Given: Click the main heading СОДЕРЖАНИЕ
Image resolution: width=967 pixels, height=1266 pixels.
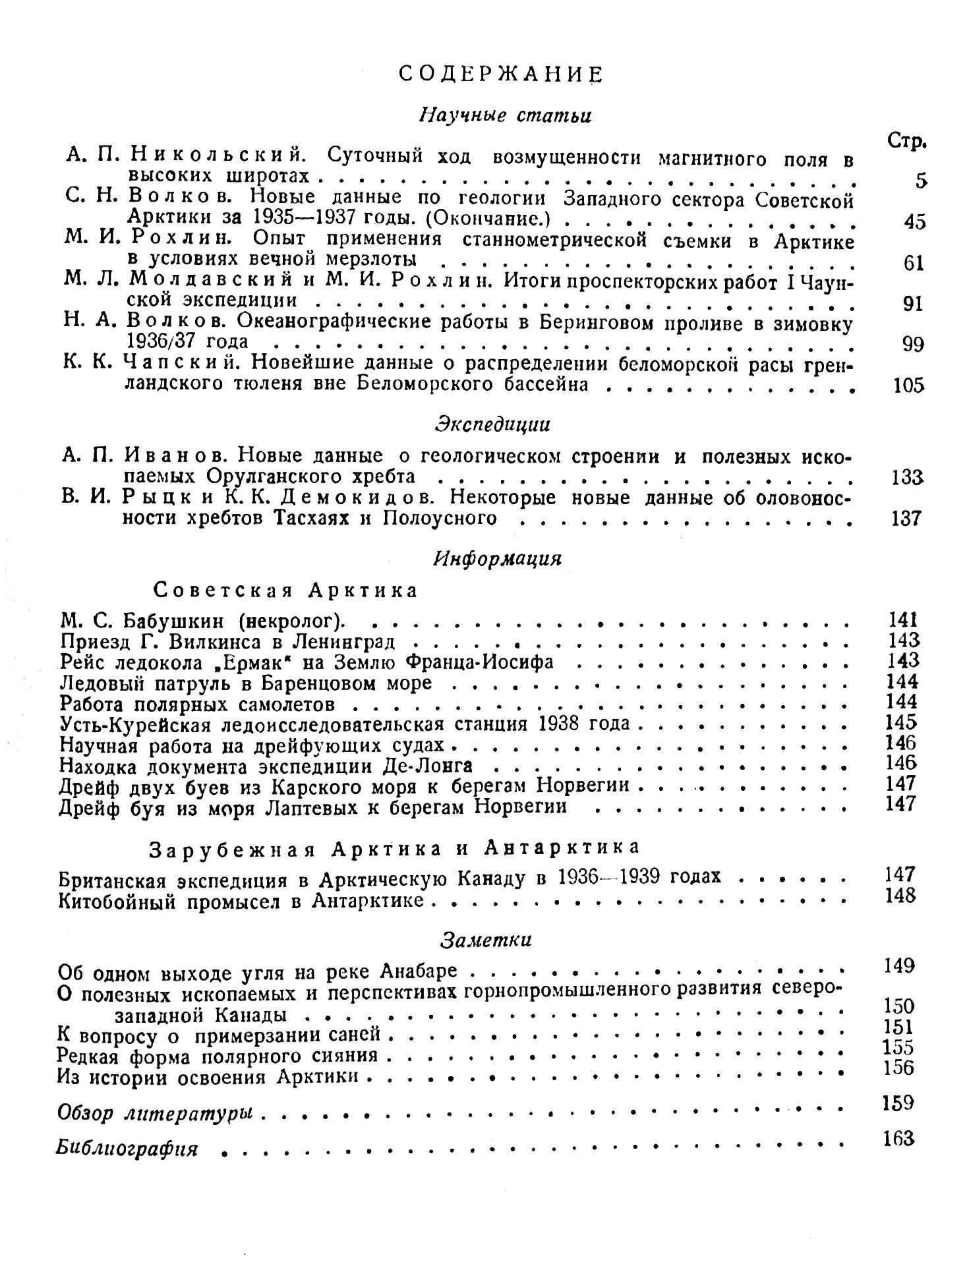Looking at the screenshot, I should pyautogui.click(x=500, y=74).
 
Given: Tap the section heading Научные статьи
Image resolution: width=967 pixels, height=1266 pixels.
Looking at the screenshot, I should pyautogui.click(x=506, y=115).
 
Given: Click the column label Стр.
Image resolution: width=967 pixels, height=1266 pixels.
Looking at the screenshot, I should pyautogui.click(x=908, y=141).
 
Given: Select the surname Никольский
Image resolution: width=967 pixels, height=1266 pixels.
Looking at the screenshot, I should pyautogui.click(x=216, y=157).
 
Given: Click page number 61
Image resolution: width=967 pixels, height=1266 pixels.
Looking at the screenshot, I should pyautogui.click(x=914, y=263).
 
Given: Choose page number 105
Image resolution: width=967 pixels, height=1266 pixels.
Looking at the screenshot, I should pyautogui.click(x=908, y=385).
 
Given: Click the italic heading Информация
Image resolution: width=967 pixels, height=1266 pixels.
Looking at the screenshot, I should pyautogui.click(x=498, y=558).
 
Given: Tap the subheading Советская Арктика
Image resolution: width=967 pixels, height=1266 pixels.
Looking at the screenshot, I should pyautogui.click(x=285, y=590).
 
